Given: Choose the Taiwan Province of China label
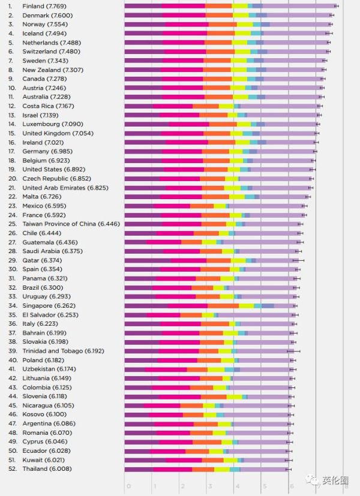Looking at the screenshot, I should click(x=63, y=224).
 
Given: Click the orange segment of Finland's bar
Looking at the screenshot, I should click(x=219, y=6).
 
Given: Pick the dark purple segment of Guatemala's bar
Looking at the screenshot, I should click(x=136, y=242).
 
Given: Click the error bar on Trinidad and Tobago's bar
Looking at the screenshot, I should click(x=293, y=351).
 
